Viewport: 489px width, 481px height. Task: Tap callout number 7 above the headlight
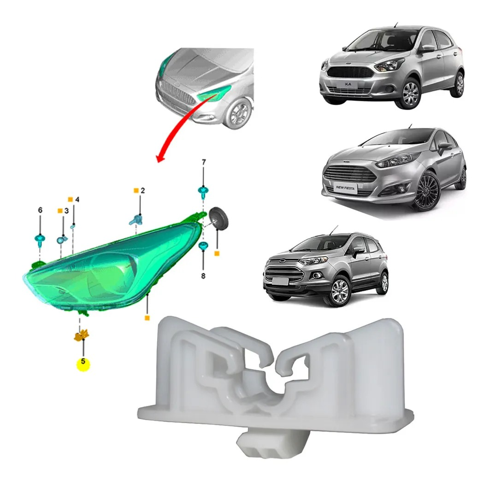pos(204,162)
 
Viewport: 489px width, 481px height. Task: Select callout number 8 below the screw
pos(203,276)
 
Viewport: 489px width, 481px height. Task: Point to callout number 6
pos(40,211)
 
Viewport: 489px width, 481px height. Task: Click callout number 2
pos(143,190)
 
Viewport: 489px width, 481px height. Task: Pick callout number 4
pos(77,199)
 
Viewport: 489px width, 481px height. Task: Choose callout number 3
pos(66,211)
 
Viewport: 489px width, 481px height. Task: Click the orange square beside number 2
pos(136,190)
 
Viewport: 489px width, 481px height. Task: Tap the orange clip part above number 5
pos(82,335)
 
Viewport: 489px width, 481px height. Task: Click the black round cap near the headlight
pos(218,218)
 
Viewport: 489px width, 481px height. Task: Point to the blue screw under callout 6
pos(40,240)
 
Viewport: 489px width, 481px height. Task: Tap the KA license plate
pos(348,84)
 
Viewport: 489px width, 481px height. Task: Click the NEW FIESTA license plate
pos(345,188)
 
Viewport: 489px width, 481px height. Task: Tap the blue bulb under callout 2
pos(136,220)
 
